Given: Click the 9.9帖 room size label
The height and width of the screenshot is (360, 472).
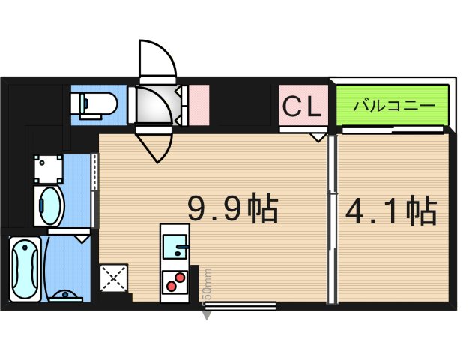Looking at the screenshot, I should [x=232, y=209].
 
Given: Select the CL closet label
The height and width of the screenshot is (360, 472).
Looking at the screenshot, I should [x=303, y=106].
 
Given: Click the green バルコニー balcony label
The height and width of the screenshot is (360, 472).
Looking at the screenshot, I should [x=392, y=106].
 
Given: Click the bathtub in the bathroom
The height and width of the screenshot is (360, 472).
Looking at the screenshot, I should [x=26, y=268].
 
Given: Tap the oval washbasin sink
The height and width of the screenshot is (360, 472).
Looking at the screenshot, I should [x=50, y=205].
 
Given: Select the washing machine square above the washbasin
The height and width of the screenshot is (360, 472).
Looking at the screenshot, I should [x=49, y=168].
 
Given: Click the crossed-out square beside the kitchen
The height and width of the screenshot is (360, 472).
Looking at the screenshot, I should [x=114, y=279].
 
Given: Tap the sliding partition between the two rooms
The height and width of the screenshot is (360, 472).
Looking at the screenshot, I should [x=333, y=217].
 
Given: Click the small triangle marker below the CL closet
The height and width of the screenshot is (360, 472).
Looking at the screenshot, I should [x=318, y=137].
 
